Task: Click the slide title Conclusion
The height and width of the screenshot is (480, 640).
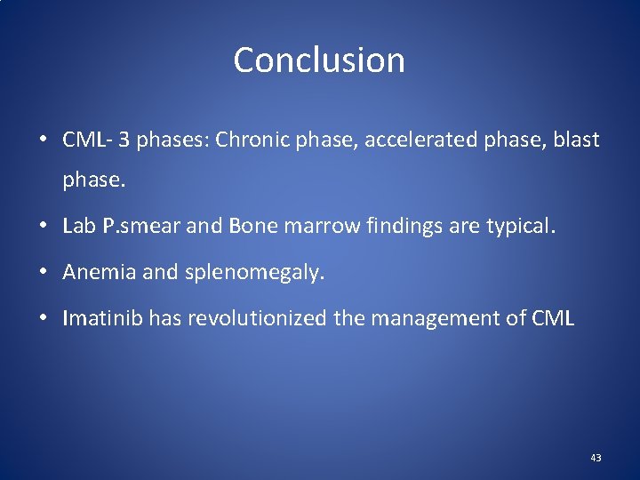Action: (x=319, y=60)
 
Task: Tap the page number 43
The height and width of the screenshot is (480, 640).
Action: (x=596, y=458)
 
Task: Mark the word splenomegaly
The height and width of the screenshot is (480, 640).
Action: (x=254, y=272)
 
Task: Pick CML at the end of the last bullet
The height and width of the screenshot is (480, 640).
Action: (x=552, y=318)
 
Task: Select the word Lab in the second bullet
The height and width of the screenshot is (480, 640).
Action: (x=78, y=226)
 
